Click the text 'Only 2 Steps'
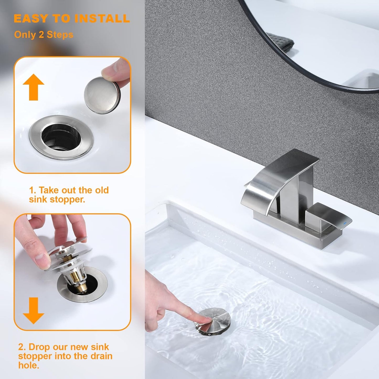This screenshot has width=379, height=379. (x=44, y=35)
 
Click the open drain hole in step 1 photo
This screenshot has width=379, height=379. (x=61, y=136)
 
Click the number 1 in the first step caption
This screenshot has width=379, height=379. (x=31, y=190)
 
